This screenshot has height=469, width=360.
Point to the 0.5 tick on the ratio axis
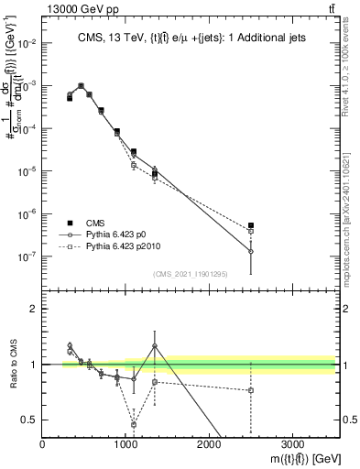point(30,420)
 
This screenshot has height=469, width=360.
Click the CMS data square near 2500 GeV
point(251,225)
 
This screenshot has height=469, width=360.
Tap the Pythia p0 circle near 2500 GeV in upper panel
point(251,252)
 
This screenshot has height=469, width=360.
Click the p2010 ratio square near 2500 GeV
point(251,390)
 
